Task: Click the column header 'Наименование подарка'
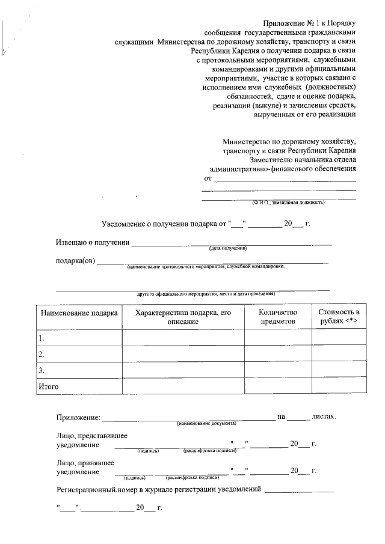78,313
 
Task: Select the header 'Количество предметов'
277,317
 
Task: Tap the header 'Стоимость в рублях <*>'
339,317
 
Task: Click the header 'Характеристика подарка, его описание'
183,317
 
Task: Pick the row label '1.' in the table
42,338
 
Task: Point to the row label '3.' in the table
42,370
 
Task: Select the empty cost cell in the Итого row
339,386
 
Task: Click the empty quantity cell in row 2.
277,354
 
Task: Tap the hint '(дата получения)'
228,248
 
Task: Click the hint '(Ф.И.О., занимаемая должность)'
288,203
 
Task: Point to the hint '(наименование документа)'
206,424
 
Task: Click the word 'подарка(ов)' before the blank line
76,261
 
